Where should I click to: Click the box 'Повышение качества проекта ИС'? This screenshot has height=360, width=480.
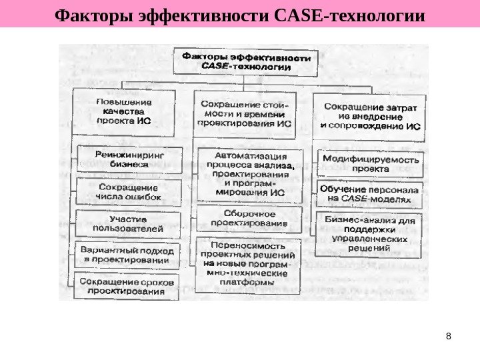[124, 113]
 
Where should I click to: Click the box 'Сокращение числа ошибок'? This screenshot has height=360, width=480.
[129, 192]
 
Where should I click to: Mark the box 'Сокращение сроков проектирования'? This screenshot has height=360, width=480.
[127, 286]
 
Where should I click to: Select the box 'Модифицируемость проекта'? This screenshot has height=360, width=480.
[371, 164]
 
